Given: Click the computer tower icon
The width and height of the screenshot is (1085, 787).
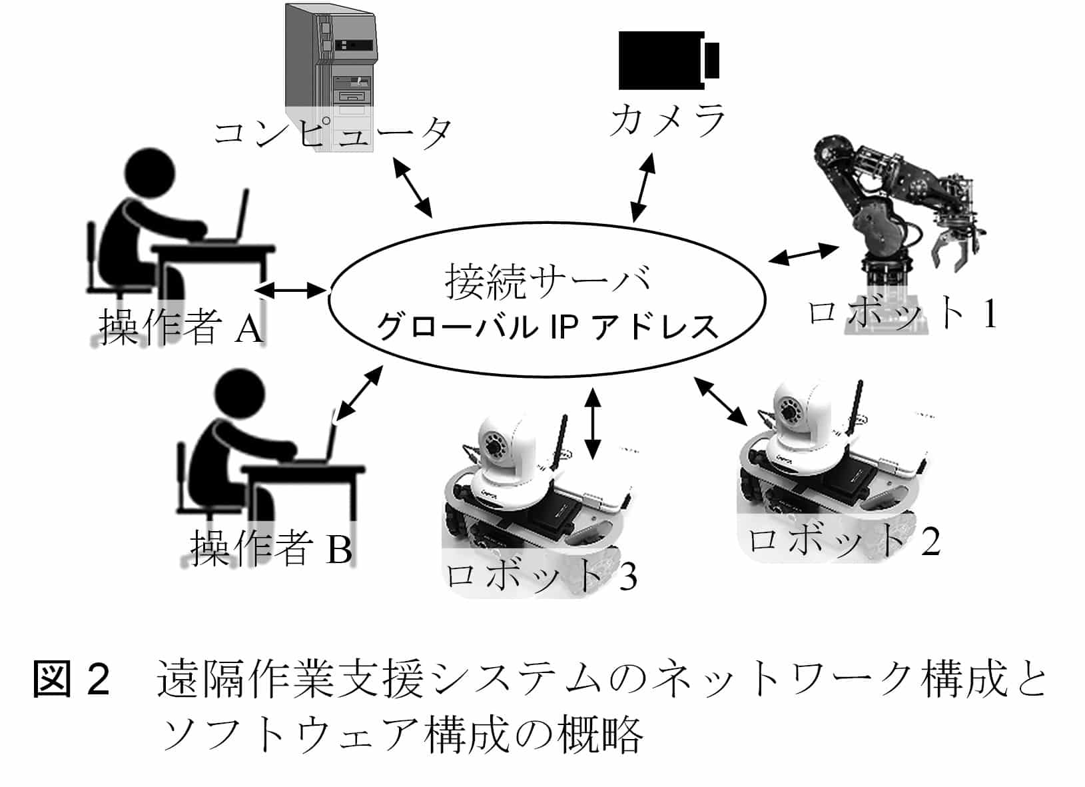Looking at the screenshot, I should [330, 67].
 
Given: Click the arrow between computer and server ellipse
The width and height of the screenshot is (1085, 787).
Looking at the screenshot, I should [412, 186].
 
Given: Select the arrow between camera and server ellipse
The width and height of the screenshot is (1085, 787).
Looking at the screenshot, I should [642, 188].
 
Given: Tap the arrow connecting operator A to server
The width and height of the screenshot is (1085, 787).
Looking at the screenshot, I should [293, 290].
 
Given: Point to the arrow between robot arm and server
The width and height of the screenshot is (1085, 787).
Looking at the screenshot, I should [803, 254].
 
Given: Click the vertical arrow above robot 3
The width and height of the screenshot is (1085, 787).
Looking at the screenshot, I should [591, 423].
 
